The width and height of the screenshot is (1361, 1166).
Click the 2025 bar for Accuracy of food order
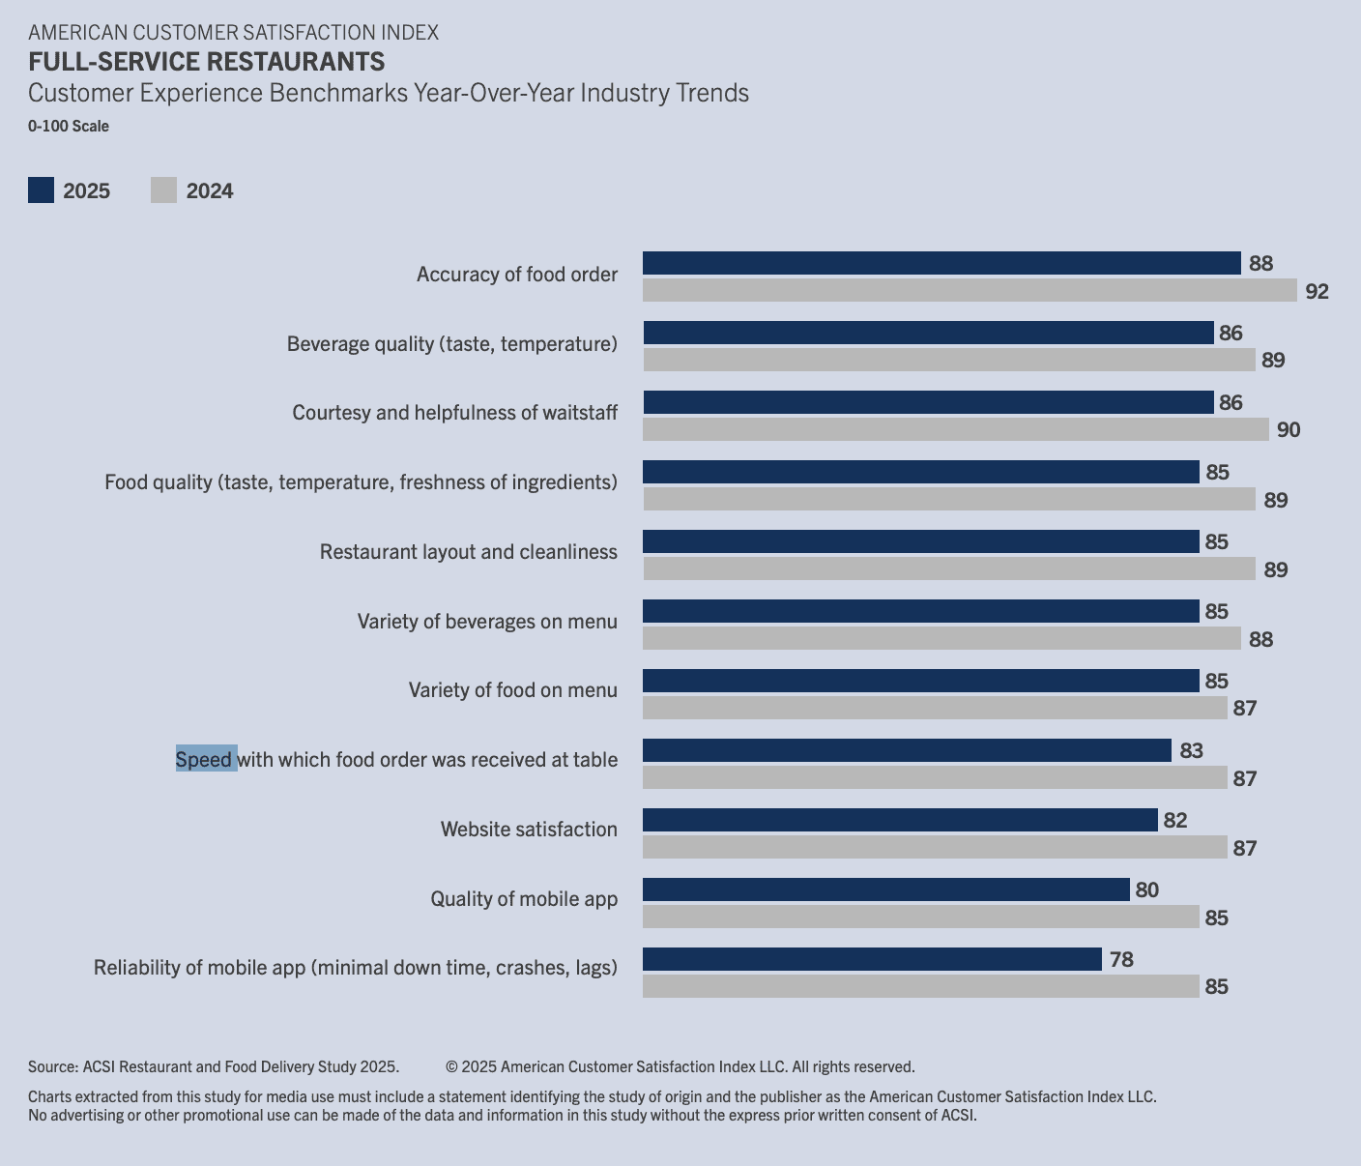point(941,263)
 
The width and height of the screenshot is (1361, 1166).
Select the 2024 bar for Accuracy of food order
point(970,290)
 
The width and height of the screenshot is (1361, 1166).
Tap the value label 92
point(1317,291)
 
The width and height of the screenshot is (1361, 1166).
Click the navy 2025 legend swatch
point(41,190)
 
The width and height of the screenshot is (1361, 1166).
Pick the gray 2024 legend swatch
point(163,190)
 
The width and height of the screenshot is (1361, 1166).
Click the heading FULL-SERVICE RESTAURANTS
point(206,62)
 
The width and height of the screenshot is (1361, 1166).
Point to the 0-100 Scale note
point(69,126)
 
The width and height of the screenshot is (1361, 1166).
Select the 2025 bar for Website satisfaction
point(900,820)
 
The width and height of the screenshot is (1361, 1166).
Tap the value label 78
point(1121,959)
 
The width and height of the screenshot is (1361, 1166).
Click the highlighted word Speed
point(205,759)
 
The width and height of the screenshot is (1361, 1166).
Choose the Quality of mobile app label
point(523,898)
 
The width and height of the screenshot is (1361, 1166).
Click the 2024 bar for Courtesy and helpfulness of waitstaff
point(955,429)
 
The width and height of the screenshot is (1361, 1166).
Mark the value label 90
point(1289,430)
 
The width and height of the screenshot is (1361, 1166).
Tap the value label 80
point(1146,889)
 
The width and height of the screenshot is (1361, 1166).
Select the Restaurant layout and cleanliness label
point(468,551)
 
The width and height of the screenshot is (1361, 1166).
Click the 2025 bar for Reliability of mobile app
point(872,959)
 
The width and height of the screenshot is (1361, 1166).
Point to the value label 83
point(1191,750)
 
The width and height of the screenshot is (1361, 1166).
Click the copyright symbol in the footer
point(451,1066)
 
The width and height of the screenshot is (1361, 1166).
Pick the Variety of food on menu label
point(512,689)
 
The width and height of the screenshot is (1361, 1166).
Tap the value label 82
point(1174,820)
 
